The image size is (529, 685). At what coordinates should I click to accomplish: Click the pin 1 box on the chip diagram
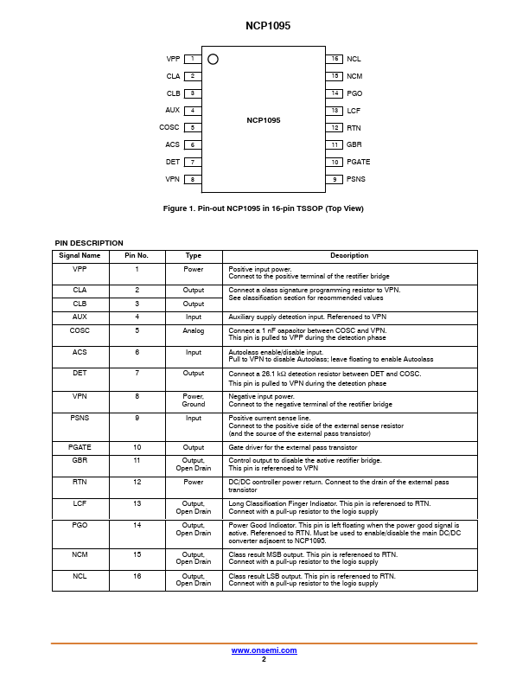pyautogui.click(x=192, y=59)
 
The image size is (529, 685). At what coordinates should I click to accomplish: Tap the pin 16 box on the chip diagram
pyautogui.click(x=335, y=59)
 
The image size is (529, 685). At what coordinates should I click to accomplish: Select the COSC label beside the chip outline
pyautogui.click(x=169, y=127)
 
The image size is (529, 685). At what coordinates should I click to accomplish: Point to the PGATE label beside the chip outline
pyautogui.click(x=358, y=162)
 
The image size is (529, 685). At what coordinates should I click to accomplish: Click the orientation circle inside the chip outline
pyautogui.click(x=214, y=59)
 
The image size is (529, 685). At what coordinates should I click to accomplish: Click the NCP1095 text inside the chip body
pyautogui.click(x=263, y=120)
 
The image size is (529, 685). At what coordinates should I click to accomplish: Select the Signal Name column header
pyautogui.click(x=80, y=256)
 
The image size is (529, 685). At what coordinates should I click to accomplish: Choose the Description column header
pyautogui.click(x=349, y=256)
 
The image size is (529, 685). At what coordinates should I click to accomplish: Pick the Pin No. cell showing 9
pyautogui.click(x=137, y=418)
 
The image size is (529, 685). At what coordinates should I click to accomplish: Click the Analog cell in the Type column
pyautogui.click(x=194, y=330)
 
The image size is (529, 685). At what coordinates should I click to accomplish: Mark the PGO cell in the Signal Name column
pyautogui.click(x=80, y=525)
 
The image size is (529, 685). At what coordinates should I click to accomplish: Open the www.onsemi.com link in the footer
pyautogui.click(x=264, y=650)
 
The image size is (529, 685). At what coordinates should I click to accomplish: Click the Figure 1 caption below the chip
pyautogui.click(x=264, y=208)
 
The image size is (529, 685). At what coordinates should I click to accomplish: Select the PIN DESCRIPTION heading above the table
pyautogui.click(x=89, y=243)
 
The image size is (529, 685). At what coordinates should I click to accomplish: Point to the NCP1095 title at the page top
pyautogui.click(x=264, y=27)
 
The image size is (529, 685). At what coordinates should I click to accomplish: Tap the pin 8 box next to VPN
pyautogui.click(x=192, y=179)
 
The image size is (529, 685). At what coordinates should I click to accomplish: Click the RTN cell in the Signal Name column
pyautogui.click(x=80, y=482)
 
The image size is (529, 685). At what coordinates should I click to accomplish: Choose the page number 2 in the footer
pyautogui.click(x=264, y=659)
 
